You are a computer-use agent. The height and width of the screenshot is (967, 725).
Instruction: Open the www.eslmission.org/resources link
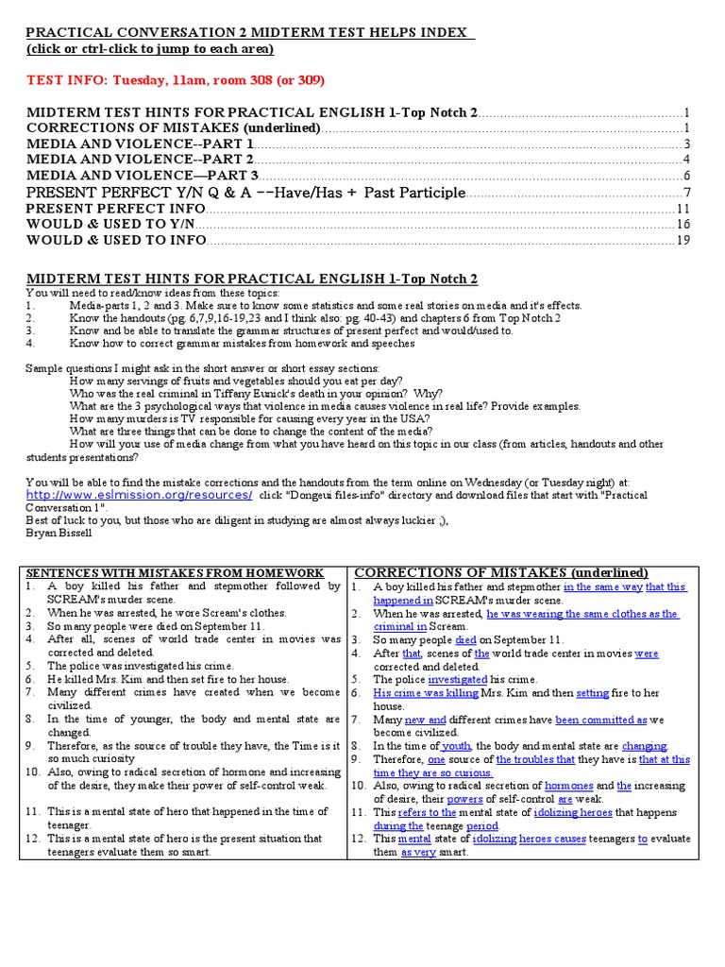coord(139,495)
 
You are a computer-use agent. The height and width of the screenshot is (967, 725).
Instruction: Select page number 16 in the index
coord(683,224)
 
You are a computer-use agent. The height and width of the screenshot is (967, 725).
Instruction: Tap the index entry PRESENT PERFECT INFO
coord(115,209)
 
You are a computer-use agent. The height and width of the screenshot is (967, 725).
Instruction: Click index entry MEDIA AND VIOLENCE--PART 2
coord(140,160)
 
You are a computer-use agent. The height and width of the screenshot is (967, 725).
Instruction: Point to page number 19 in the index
coord(683,240)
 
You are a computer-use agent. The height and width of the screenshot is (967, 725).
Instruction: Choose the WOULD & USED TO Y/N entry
coord(110,224)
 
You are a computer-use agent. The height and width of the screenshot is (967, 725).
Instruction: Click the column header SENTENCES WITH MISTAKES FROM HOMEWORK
coord(174,573)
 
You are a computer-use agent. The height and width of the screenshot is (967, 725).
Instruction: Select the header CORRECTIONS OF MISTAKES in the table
coord(500,573)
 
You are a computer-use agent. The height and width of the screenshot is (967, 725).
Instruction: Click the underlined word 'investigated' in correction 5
coord(458,679)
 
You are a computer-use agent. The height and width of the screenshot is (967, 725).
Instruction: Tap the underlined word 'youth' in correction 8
coord(456,745)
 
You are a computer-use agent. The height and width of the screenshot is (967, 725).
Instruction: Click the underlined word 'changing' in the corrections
coord(644,745)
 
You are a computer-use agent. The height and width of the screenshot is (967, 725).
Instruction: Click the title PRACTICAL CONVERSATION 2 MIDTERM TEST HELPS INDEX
coord(246,33)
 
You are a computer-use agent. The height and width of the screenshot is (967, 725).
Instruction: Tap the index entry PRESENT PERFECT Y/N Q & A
coord(245,193)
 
